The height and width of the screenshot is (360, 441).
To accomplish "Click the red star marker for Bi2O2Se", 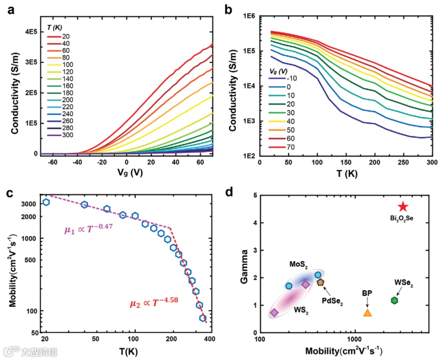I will [x=403, y=207].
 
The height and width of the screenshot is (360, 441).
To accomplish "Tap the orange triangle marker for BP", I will [x=367, y=313].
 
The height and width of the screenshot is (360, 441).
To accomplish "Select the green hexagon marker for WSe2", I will [x=394, y=300].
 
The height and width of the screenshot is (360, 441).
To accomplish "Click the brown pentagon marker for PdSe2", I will [x=320, y=282].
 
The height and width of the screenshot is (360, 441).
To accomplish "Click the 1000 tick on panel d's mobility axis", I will [x=354, y=340].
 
